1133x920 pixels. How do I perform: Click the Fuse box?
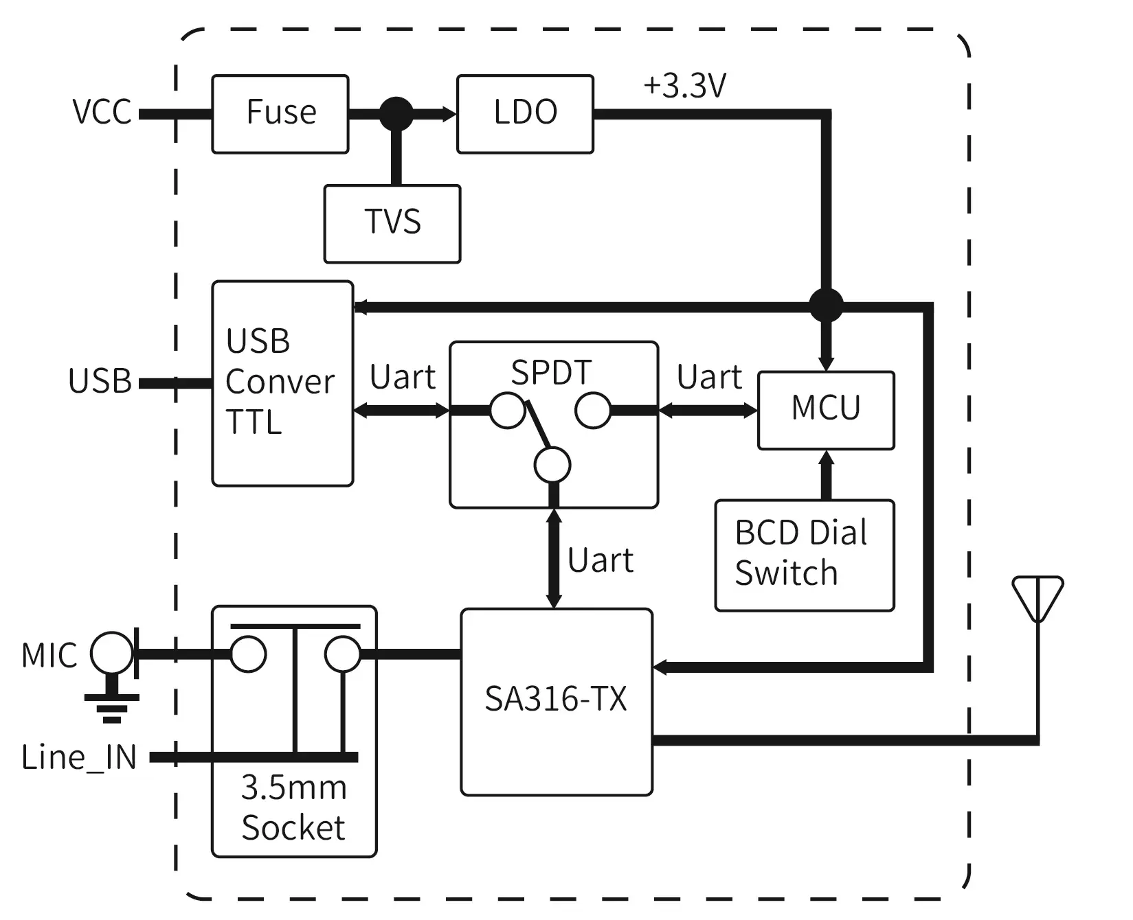coord(280,114)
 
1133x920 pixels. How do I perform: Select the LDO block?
coord(525,114)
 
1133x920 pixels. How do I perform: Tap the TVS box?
coord(392,223)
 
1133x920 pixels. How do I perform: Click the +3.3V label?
coord(684,87)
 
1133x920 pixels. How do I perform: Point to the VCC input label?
coord(102,112)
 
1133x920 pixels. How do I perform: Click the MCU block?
coord(826,410)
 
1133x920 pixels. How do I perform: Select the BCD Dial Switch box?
coord(804,555)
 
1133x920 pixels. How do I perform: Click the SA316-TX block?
coord(556,701)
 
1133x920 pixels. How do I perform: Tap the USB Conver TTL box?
coord(282,383)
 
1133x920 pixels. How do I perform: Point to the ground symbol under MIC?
coord(112,707)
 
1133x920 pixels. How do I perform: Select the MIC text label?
coord(49,656)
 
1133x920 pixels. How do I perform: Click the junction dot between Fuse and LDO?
coord(396,114)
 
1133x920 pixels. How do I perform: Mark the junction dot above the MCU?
coord(826,305)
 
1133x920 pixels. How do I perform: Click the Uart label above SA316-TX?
coord(600,561)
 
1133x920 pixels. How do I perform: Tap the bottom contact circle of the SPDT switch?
coord(552,465)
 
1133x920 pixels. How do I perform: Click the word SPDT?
coord(551,373)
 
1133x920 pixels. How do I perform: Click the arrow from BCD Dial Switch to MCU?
coord(826,474)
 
